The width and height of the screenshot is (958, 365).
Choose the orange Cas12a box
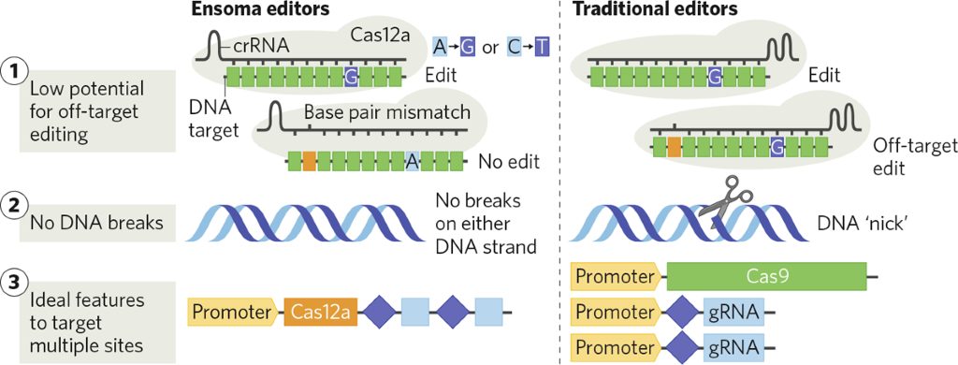point(319,312)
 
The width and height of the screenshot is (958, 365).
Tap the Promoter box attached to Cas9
point(617,276)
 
